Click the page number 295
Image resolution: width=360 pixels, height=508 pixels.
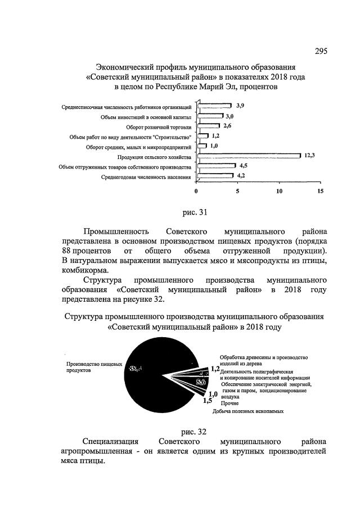(x=321, y=52)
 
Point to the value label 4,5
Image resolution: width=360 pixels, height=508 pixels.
(x=244, y=167)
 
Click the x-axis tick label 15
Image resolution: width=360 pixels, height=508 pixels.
(x=320, y=191)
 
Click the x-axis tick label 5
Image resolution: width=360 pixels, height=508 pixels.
(x=237, y=191)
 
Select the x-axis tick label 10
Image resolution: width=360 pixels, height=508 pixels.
(x=278, y=191)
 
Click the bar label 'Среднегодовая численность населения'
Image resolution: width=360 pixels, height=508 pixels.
(x=146, y=178)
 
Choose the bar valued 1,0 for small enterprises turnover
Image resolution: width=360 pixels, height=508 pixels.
(x=199, y=147)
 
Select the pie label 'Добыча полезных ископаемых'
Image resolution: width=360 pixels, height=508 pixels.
(x=247, y=411)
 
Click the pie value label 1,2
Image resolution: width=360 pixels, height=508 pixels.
(x=215, y=369)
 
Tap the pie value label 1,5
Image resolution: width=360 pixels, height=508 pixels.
(x=208, y=400)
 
